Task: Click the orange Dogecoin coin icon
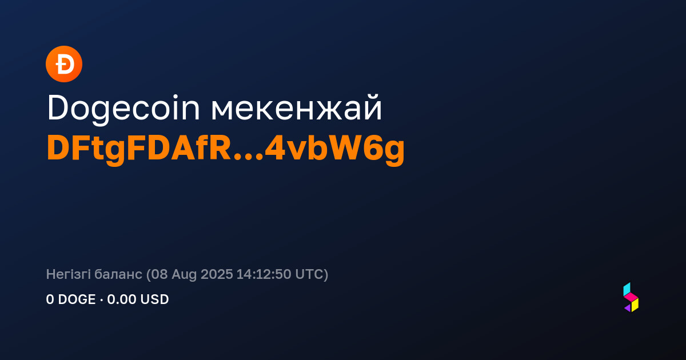coord(64,64)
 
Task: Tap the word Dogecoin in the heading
coord(123,109)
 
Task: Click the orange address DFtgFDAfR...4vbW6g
coord(226,149)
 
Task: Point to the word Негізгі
coord(68,274)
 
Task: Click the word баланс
coord(118,274)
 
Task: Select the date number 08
coord(159,274)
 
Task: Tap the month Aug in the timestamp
coord(184,275)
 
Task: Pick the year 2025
coord(217,274)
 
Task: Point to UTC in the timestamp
coord(309,274)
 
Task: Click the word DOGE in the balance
coord(77,299)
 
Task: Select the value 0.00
coord(122,299)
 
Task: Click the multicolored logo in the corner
coord(631,297)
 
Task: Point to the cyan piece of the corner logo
coord(627,289)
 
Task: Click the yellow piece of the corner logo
coord(635,305)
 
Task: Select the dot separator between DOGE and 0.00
coord(101,299)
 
